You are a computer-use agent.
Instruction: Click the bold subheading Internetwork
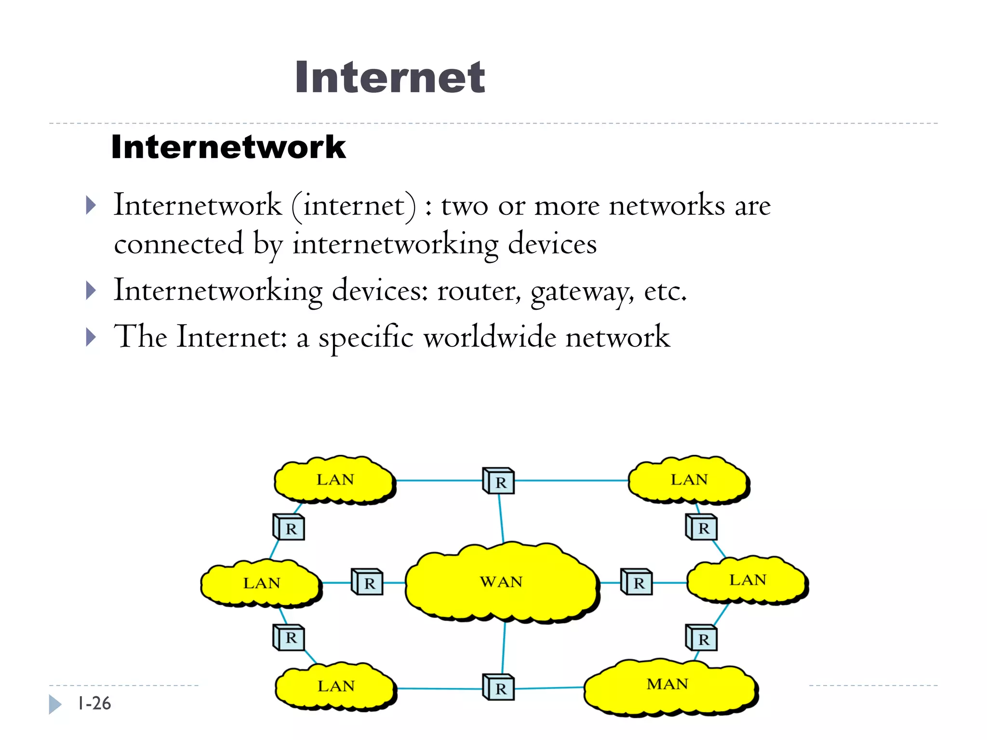[228, 147]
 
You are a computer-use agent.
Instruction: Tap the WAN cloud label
[501, 582]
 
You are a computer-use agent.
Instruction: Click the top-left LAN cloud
[335, 480]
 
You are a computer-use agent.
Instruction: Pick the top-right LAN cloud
[689, 480]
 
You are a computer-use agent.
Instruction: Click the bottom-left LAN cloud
[336, 687]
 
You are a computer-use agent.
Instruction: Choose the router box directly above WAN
[499, 481]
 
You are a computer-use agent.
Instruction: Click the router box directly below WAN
[499, 687]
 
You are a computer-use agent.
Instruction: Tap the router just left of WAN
[367, 582]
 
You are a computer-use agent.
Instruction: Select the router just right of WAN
[637, 582]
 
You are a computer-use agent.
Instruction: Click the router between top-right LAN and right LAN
[702, 527]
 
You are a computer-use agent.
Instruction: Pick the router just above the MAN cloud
[702, 638]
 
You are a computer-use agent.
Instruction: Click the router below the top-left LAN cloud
[289, 527]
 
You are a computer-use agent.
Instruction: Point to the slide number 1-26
[94, 704]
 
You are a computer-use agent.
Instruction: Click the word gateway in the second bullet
[581, 291]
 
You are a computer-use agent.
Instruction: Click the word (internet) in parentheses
[354, 206]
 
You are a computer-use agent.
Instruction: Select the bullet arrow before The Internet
[91, 337]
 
